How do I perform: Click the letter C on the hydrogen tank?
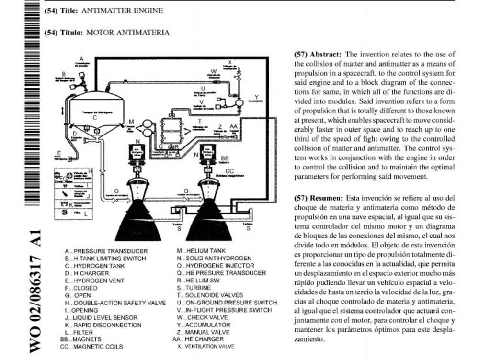coord(95,117)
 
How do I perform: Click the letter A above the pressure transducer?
coord(82,58)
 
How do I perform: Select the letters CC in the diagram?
coord(229,170)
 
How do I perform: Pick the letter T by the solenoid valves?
coord(199,121)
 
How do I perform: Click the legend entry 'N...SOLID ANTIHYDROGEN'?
coord(214,258)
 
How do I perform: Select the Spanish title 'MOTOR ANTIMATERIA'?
coord(127,33)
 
